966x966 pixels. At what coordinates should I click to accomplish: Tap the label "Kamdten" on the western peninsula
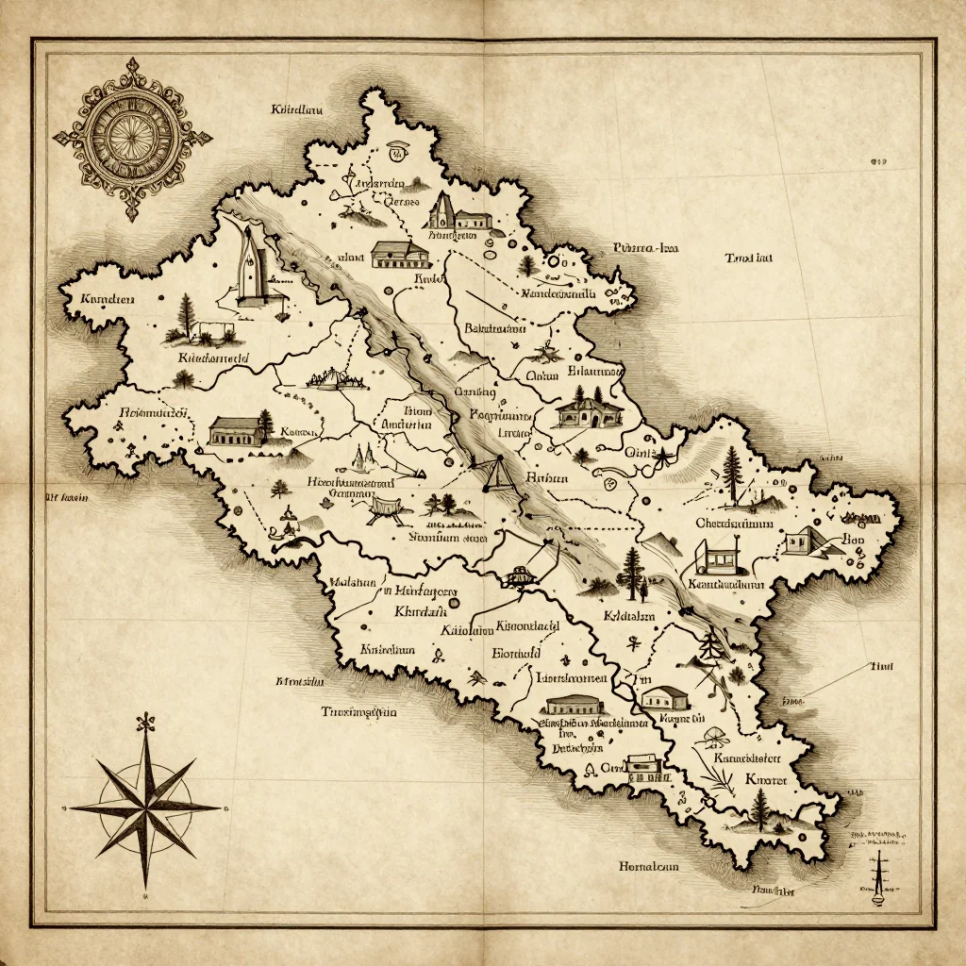click(x=108, y=300)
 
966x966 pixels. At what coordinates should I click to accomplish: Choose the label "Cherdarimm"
click(x=734, y=523)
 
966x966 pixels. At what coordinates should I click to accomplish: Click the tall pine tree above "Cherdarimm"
click(x=733, y=472)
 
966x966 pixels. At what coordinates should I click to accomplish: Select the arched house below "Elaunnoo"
click(x=590, y=411)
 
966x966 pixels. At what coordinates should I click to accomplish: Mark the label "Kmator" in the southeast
click(x=765, y=779)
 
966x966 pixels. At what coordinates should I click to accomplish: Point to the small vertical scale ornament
click(x=877, y=873)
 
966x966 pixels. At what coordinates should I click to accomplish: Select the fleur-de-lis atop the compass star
click(x=145, y=724)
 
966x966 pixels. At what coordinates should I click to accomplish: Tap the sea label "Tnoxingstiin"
click(x=359, y=712)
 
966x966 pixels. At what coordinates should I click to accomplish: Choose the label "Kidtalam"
click(x=628, y=618)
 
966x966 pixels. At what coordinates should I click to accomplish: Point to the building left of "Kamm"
click(x=237, y=431)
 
